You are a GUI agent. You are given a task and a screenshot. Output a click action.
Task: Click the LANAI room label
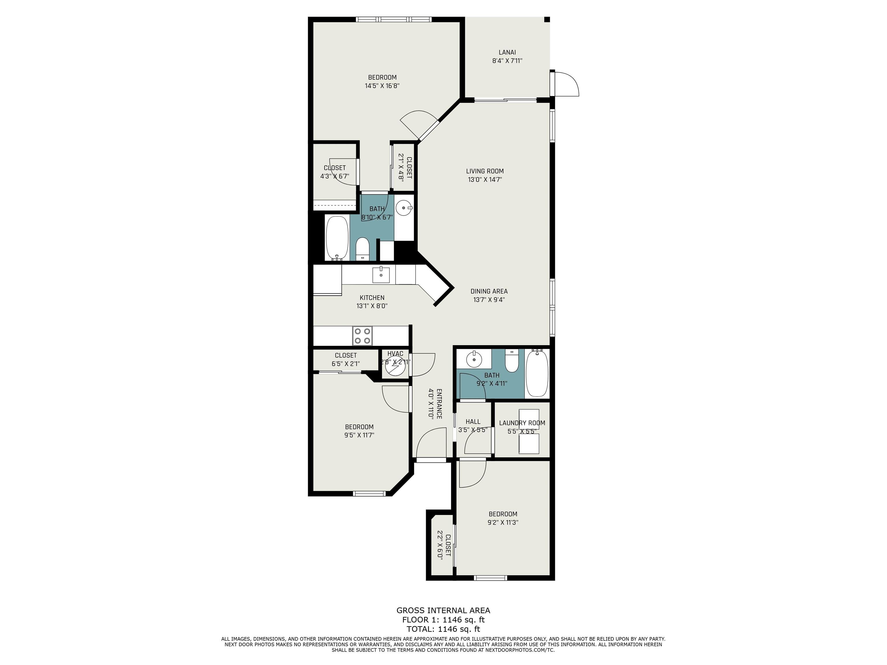click(x=507, y=52)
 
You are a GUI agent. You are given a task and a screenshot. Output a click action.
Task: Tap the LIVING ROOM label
click(x=485, y=171)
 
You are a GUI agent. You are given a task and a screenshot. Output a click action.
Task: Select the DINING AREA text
click(x=489, y=292)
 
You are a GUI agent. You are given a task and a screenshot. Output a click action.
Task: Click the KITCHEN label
click(x=372, y=298)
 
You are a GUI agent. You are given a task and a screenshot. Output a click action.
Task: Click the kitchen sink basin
click(x=381, y=274)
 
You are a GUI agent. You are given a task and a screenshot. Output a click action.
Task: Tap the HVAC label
click(x=395, y=354)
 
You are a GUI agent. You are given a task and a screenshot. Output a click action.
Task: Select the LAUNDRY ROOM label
click(x=522, y=423)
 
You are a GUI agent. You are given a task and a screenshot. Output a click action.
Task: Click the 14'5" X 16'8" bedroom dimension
click(x=382, y=86)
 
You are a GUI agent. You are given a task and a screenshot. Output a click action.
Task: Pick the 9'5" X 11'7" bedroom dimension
click(x=359, y=435)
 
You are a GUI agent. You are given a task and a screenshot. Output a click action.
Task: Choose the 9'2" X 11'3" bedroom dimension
click(x=503, y=522)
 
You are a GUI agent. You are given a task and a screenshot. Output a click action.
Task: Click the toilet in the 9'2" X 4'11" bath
click(x=512, y=360)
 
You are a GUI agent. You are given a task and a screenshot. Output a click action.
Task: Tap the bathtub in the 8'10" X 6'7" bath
click(x=337, y=238)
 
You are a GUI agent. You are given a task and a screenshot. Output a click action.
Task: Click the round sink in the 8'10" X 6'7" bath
click(x=404, y=208)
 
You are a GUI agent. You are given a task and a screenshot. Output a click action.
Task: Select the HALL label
click(x=473, y=422)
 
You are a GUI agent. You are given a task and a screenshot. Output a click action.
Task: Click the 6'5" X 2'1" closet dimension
click(x=346, y=364)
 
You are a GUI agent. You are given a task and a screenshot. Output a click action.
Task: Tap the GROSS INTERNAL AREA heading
click(x=443, y=610)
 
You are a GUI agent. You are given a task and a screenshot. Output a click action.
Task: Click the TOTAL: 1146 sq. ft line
click(x=443, y=629)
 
